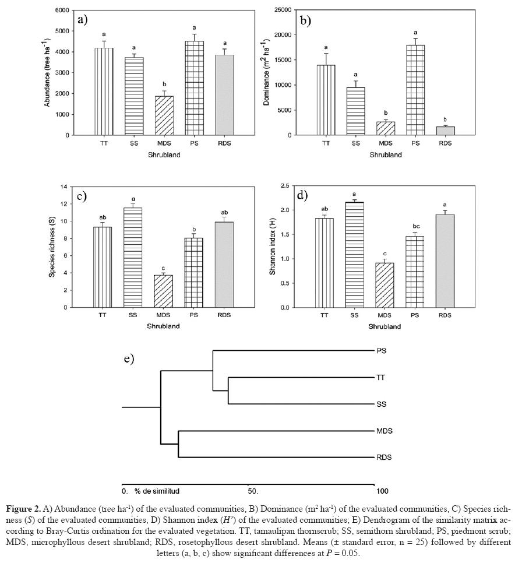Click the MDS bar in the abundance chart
pyautogui.click(x=164, y=115)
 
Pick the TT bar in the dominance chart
pyautogui.click(x=326, y=100)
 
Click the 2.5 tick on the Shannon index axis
pyautogui.click(x=287, y=185)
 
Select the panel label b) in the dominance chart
pyautogui.click(x=305, y=21)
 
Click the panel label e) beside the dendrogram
pyautogui.click(x=129, y=358)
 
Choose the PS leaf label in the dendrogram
pyautogui.click(x=382, y=351)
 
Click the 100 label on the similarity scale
pyautogui.click(x=382, y=491)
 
